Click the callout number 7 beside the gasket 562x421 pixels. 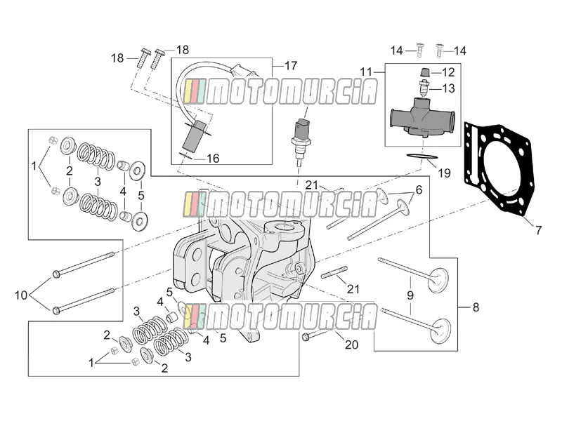click(538, 229)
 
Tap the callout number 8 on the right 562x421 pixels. click(476, 307)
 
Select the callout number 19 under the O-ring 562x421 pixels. click(444, 173)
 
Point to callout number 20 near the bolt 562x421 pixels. click(352, 345)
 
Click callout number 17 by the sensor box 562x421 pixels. click(291, 66)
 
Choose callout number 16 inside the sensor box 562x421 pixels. click(213, 159)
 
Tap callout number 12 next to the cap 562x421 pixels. click(448, 72)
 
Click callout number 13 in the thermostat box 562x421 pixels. click(448, 88)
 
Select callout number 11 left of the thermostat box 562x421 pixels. click(366, 72)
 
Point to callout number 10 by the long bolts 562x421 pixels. click(21, 295)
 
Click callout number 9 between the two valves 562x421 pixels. click(410, 295)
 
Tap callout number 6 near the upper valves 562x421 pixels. click(419, 189)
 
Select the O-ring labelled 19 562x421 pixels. click(422, 157)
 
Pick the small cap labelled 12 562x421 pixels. click(425, 72)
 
